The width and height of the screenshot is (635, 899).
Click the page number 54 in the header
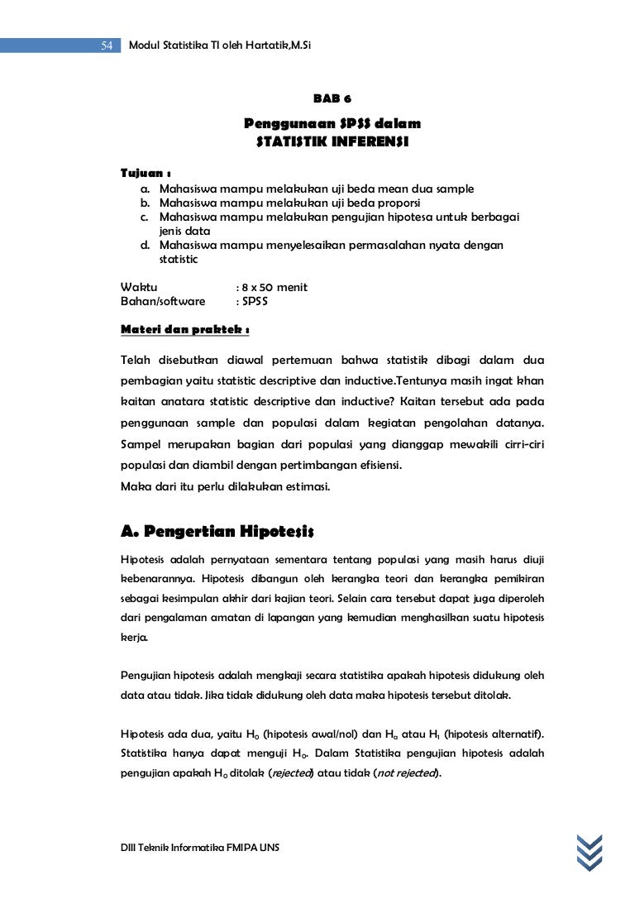tap(107, 46)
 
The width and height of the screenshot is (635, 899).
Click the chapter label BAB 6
tap(332, 98)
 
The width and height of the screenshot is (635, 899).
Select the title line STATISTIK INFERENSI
tap(332, 141)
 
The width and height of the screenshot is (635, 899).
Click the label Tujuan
tap(146, 174)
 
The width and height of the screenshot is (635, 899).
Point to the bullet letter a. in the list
tap(145, 189)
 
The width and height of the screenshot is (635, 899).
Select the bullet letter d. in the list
tap(146, 246)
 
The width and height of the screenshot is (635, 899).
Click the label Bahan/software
tap(163, 301)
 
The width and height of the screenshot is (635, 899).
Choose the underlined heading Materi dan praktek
tap(185, 329)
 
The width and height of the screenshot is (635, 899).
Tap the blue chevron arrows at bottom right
tap(590, 852)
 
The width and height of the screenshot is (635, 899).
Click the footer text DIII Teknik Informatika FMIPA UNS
tap(200, 849)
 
